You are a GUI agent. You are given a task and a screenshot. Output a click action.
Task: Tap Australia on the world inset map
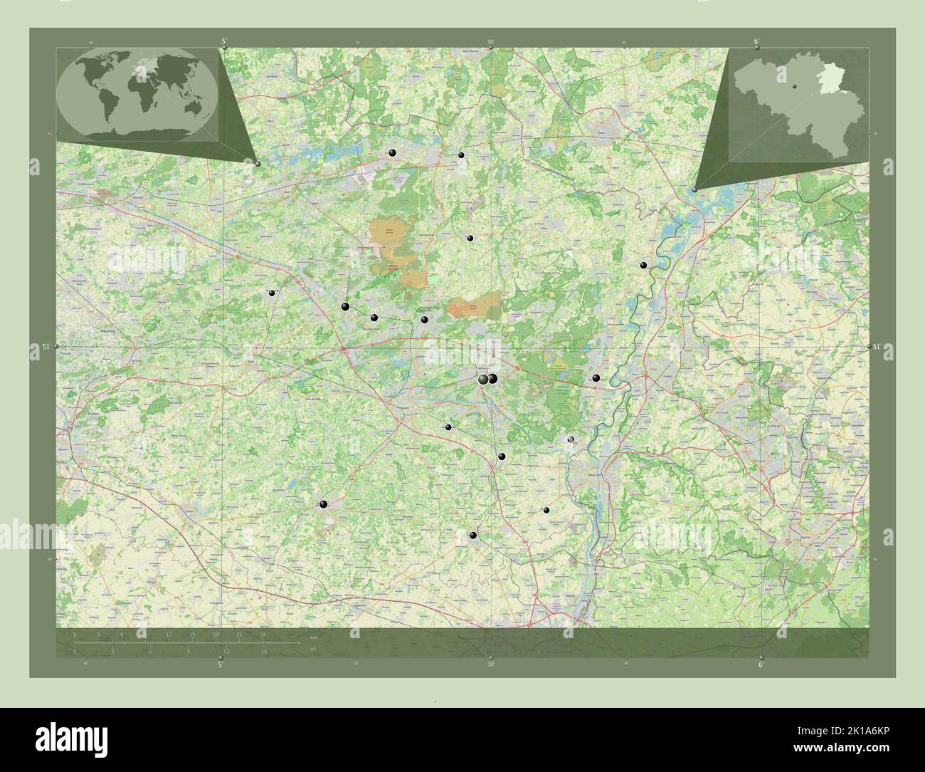pos(191,105)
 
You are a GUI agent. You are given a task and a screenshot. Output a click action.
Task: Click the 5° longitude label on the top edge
pos(225,43)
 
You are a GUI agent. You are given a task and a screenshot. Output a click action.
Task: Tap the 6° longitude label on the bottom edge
pos(761,664)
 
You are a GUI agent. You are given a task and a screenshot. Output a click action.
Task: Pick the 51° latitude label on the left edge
pos(46,347)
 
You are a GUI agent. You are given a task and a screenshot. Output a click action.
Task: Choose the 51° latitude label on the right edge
pos(877,347)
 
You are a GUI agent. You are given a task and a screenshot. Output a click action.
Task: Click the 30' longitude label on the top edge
pos(491,43)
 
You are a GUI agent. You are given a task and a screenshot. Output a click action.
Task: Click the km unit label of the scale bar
pos(313,637)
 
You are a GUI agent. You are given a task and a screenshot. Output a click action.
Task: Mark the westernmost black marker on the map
pos(271,293)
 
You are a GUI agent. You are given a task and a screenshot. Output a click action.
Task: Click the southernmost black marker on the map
pos(473,536)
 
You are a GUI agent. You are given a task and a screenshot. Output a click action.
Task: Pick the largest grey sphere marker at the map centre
pos(484,380)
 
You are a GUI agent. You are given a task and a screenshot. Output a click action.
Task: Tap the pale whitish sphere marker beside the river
pos(570,439)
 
